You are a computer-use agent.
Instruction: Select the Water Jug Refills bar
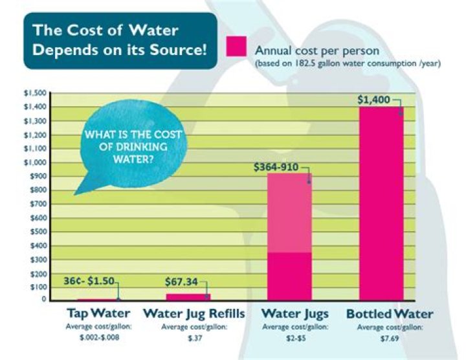188,297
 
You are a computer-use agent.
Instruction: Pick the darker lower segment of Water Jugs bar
289,276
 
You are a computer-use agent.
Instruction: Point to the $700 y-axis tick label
37,204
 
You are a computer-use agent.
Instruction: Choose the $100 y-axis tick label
37,287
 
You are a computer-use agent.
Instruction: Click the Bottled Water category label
390,314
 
